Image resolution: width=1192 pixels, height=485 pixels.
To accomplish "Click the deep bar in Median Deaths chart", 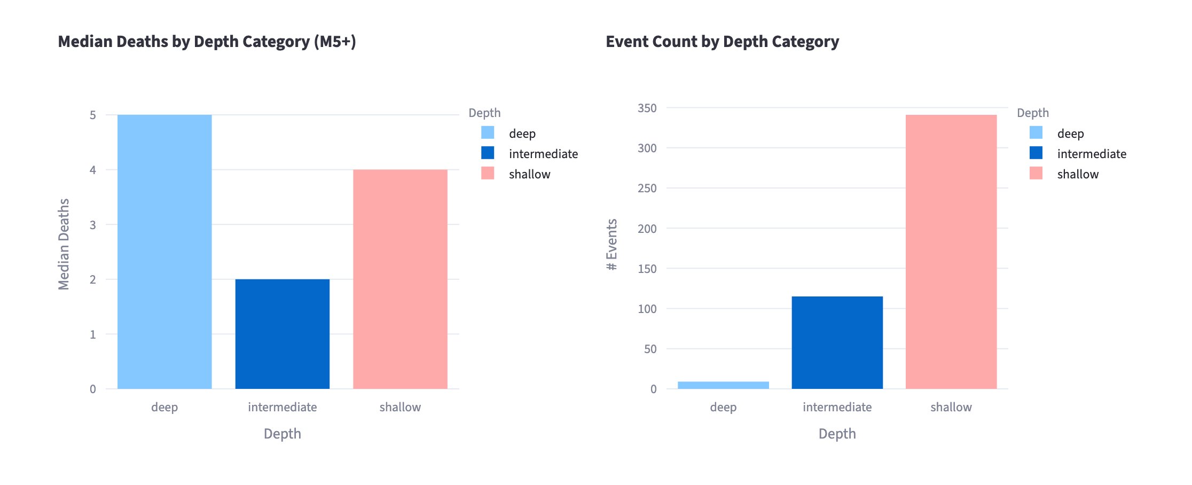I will pos(164,252).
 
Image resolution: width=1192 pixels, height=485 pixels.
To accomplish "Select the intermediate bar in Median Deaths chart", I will pos(282,334).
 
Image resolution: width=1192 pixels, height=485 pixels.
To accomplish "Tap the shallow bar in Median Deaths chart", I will pos(400,279).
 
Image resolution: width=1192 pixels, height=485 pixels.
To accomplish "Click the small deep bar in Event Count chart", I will pos(723,385).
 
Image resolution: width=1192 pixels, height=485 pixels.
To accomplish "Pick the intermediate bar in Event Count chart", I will pos(837,342).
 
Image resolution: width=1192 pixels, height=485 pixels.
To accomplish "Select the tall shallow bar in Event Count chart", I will pos(951,252).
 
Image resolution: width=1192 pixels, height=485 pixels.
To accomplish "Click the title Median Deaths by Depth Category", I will pos(207,42).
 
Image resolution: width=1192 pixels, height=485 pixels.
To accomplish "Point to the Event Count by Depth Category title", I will pos(722,42).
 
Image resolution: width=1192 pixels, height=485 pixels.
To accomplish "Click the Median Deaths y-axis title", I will pos(64,244).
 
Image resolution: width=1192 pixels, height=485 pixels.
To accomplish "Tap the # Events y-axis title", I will pos(612,244).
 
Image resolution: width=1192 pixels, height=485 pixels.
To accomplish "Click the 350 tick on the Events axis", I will pos(647,108).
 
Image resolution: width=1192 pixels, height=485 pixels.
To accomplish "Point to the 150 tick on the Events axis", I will pos(647,269).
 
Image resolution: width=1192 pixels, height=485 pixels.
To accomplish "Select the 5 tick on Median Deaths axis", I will pos(93,115).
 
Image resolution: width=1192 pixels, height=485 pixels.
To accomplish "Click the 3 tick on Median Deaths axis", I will pos(93,225).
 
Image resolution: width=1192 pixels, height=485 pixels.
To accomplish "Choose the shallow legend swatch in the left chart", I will pos(488,173).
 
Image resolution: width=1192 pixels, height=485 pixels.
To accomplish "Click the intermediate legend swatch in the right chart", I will pos(1036,153).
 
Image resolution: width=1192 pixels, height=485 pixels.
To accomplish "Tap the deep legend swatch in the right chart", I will pos(1036,132).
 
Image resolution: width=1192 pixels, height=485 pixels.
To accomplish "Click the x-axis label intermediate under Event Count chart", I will pos(837,407).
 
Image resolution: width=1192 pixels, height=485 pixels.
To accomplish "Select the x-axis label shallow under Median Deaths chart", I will pos(400,407).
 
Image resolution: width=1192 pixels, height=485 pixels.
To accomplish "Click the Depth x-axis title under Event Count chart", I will pos(837,434).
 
